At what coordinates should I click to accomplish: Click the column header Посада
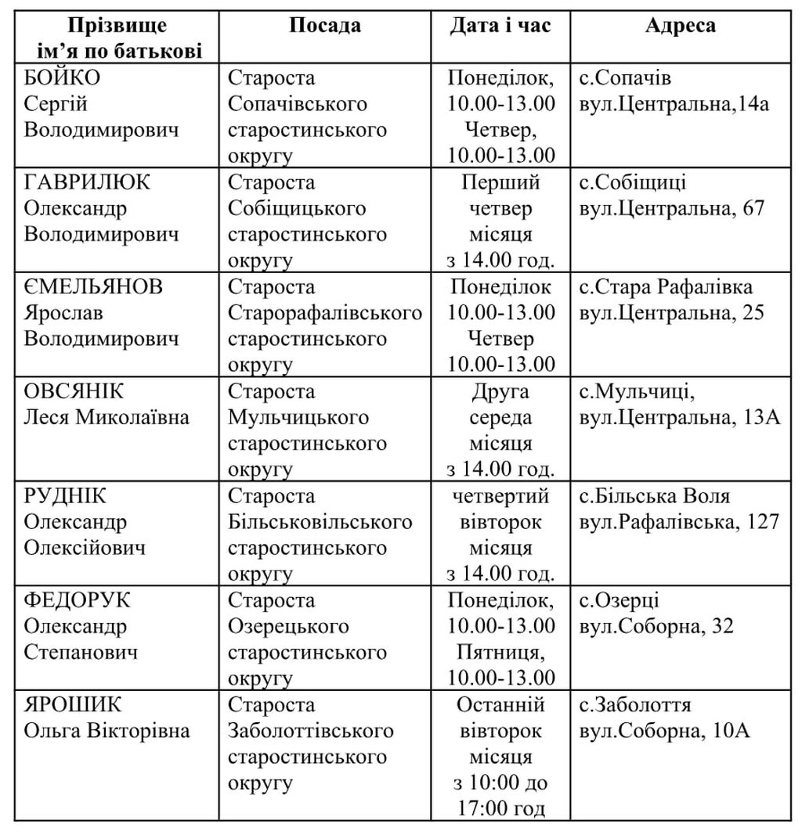click(325, 25)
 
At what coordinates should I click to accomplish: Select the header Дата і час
click(500, 25)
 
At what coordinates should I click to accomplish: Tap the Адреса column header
click(680, 25)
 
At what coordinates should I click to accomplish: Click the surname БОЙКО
click(62, 78)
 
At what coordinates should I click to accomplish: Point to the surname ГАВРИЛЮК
click(87, 182)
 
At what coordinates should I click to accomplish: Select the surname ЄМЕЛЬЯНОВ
click(93, 287)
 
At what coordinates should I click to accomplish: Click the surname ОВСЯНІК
click(74, 391)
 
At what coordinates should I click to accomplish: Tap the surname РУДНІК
click(66, 496)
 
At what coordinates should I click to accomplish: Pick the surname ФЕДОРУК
click(78, 600)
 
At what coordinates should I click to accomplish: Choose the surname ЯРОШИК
click(73, 705)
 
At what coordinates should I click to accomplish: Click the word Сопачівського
click(298, 104)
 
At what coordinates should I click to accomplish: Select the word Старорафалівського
click(324, 313)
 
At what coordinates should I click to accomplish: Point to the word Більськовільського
click(320, 522)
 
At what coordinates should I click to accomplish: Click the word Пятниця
click(501, 652)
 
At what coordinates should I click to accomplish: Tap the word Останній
click(501, 705)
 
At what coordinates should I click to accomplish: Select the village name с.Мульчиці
click(632, 391)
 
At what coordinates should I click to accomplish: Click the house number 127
click(760, 522)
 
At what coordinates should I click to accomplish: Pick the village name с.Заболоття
click(635, 705)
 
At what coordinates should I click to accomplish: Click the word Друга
click(501, 391)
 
